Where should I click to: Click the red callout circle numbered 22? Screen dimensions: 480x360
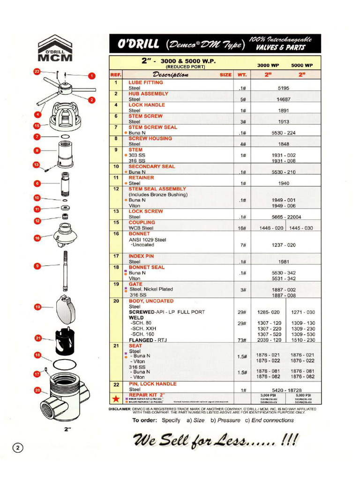[x=37, y=72]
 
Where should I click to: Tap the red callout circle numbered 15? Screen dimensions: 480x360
[x=37, y=126]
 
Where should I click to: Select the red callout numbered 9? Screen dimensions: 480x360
[x=37, y=266]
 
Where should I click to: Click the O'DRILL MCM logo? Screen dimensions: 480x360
[x=55, y=48]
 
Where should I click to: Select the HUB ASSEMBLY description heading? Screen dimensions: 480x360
[x=148, y=94]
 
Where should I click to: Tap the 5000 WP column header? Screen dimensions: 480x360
[x=301, y=66]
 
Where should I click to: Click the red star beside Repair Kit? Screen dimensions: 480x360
[x=116, y=399]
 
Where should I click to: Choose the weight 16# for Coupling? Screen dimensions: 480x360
[x=242, y=228]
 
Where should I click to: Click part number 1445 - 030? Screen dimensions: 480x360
[x=302, y=228]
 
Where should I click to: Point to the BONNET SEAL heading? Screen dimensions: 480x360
[x=147, y=267]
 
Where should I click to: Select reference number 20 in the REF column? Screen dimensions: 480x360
[x=116, y=301]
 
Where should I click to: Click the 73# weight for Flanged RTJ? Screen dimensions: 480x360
[x=242, y=340]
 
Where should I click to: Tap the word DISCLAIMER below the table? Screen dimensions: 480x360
[x=122, y=409]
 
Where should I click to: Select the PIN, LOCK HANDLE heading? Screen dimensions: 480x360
[x=152, y=384]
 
